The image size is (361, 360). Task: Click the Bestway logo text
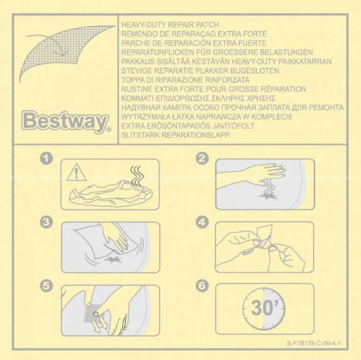coord(65,122)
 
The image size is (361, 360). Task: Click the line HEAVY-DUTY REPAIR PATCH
coord(170,25)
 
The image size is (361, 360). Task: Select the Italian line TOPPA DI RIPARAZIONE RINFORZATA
coord(185,80)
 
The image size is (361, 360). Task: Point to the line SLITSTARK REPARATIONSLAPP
coord(176,135)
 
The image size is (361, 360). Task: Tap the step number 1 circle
coord(46,158)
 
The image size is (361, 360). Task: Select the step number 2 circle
coord(202,158)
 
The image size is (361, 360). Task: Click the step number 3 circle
coord(46,222)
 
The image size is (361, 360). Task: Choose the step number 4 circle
coord(202,222)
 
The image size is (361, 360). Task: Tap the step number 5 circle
coord(46,286)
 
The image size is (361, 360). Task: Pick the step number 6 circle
coord(202,286)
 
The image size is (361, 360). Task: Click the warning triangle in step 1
coord(76,172)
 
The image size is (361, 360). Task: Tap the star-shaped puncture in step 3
coord(112,260)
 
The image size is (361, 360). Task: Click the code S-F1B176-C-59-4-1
coord(314,343)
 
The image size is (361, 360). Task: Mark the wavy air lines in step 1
coord(137,176)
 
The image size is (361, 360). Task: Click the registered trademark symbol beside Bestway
coord(109,130)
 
